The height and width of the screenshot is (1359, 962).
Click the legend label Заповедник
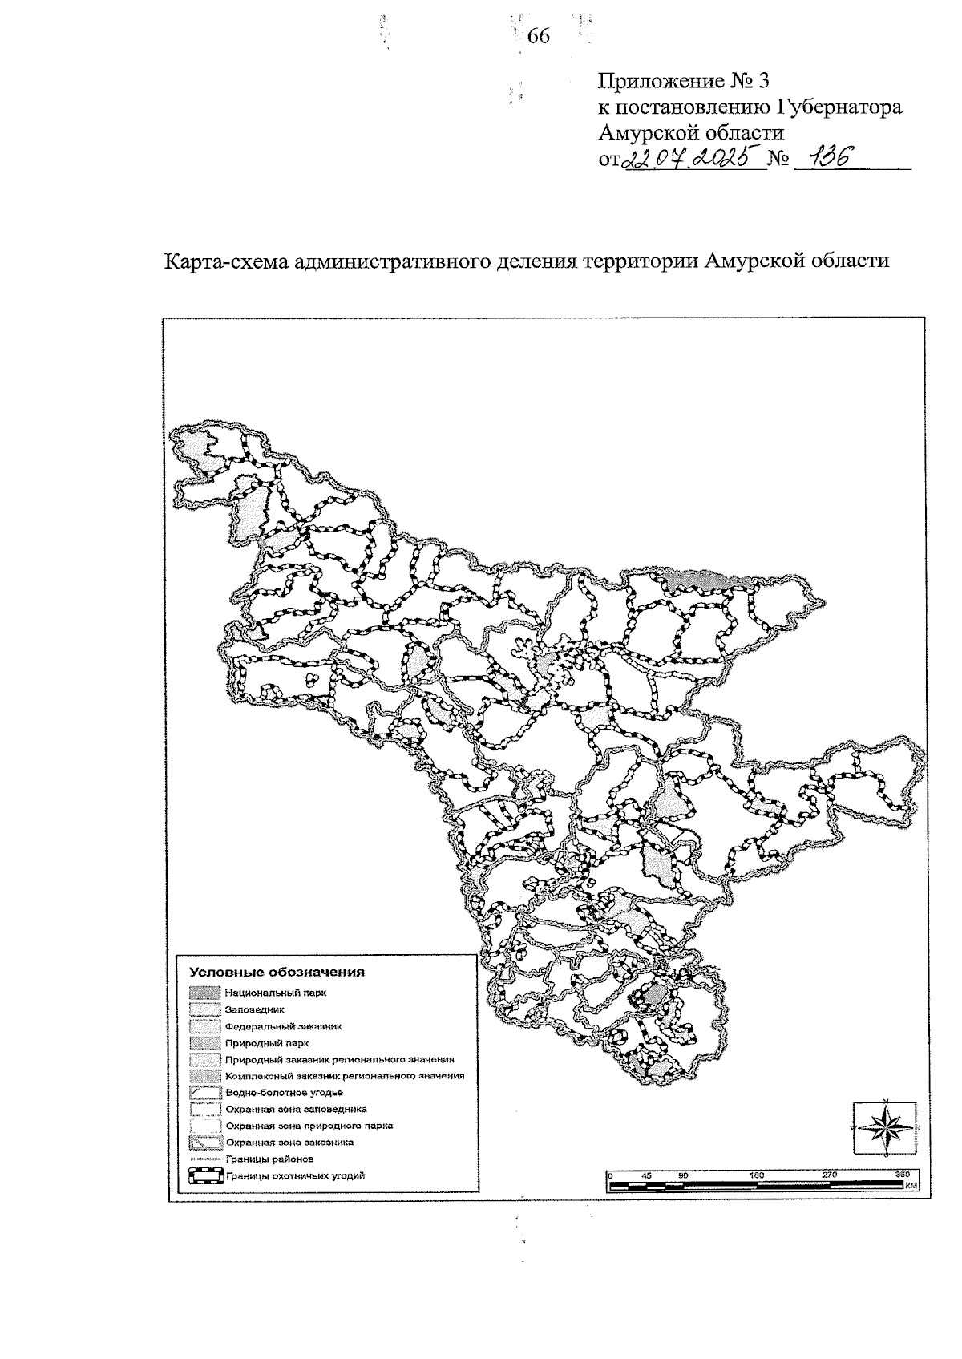(x=250, y=1010)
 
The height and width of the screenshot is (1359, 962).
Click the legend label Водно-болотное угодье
(x=285, y=1093)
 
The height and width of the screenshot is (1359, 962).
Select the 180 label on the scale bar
(x=756, y=1175)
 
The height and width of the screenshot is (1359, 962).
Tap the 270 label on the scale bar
(x=830, y=1175)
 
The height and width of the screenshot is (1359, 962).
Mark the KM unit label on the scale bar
(x=910, y=1185)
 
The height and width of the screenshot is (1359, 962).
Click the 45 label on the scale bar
(x=647, y=1175)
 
